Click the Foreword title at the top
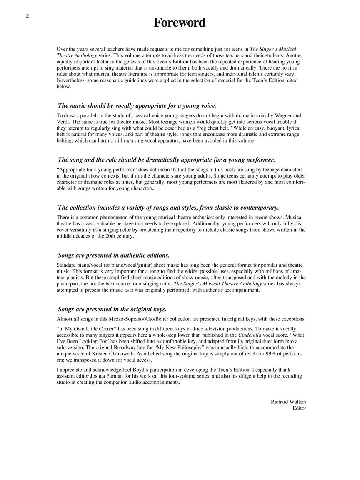pyautogui.click(x=180, y=22)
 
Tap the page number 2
pyautogui.click(x=27, y=16)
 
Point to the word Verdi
pyautogui.click(x=62, y=122)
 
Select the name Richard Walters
pyautogui.click(x=288, y=402)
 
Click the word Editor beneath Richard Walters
pyautogui.click(x=299, y=408)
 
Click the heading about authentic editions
pyautogui.click(x=114, y=255)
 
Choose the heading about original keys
pyautogui.click(x=112, y=309)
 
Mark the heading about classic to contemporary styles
pyautogui.click(x=168, y=207)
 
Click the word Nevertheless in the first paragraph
pyautogui.click(x=72, y=80)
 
